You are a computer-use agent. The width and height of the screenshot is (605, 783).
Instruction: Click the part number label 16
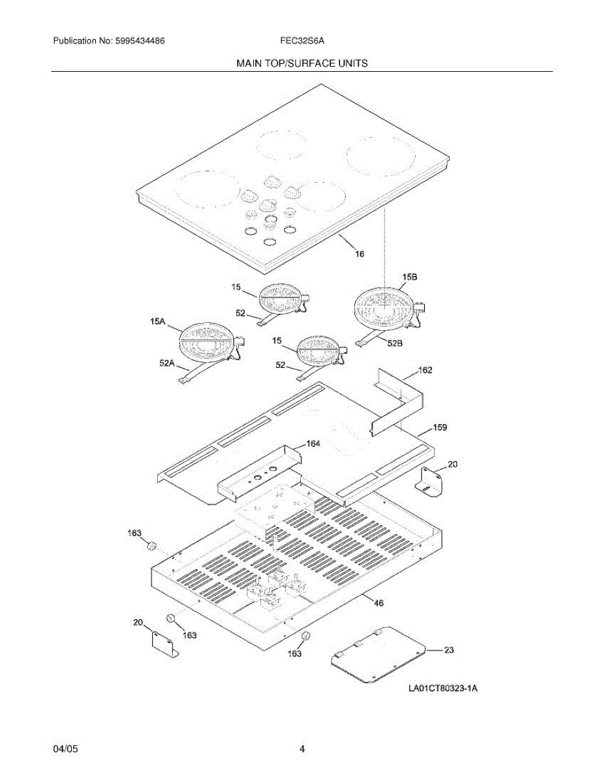pyautogui.click(x=360, y=254)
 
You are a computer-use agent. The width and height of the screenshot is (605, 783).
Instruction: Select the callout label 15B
pyautogui.click(x=409, y=277)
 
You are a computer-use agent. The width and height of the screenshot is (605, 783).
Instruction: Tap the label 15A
pyautogui.click(x=157, y=321)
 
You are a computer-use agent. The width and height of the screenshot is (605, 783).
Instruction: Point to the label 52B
pyautogui.click(x=394, y=343)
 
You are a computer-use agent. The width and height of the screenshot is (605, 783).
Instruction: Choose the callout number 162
pyautogui.click(x=425, y=370)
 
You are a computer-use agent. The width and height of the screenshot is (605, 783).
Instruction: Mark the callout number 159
pyautogui.click(x=423, y=428)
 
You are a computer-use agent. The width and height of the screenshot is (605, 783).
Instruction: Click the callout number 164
pyautogui.click(x=313, y=444)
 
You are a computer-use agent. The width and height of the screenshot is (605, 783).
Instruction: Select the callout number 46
pyautogui.click(x=378, y=603)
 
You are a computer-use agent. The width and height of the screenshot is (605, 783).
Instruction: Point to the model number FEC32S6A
pyautogui.click(x=303, y=40)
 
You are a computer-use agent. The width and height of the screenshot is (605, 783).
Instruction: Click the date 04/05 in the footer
pyautogui.click(x=65, y=749)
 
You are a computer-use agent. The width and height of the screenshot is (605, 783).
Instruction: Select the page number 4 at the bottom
pyautogui.click(x=302, y=749)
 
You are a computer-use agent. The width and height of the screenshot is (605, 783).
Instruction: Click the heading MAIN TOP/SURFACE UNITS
pyautogui.click(x=302, y=63)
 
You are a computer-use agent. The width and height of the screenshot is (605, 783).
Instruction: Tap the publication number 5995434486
pyautogui.click(x=140, y=40)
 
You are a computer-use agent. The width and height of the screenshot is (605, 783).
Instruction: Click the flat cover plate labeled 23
pyautogui.click(x=377, y=654)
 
